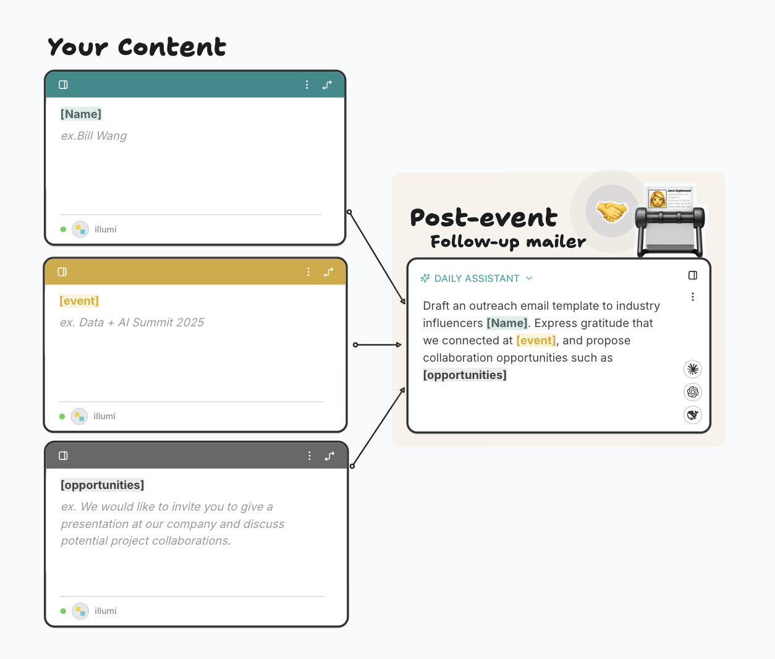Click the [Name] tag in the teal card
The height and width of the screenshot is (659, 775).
click(81, 114)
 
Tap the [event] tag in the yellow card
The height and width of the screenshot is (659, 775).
click(79, 301)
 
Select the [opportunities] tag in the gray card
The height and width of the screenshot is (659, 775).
click(103, 485)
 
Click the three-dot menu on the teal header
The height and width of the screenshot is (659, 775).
click(307, 85)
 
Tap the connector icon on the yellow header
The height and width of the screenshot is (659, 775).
click(329, 272)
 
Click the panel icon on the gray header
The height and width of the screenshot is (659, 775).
click(63, 456)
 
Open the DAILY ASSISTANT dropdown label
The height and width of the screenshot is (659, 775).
click(476, 279)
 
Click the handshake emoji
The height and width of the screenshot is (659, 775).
click(611, 212)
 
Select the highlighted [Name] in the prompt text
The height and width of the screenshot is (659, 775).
click(507, 323)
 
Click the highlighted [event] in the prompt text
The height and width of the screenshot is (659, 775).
click(536, 341)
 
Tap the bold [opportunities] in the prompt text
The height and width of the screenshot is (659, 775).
click(465, 375)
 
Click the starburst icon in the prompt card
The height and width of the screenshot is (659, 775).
click(693, 369)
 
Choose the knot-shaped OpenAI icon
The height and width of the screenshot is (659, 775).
click(693, 392)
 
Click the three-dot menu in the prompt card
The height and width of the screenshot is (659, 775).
click(693, 297)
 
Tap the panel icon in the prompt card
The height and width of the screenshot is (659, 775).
click(693, 276)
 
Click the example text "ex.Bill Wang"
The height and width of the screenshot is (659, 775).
click(94, 136)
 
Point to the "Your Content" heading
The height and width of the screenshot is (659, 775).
click(137, 47)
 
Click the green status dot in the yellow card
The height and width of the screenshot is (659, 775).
click(62, 417)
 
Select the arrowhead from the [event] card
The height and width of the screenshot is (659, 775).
click(399, 345)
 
